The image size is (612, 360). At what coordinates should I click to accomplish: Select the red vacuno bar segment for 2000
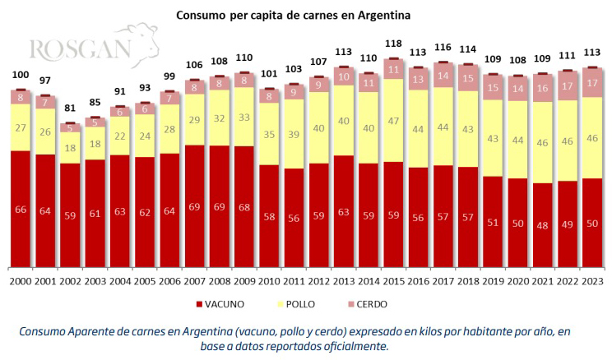pos(21,209)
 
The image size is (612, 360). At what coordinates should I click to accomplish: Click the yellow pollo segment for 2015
pos(393,120)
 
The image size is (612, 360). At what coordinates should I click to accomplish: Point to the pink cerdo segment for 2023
pos(591,83)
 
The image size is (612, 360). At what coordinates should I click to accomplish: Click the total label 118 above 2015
pos(393,44)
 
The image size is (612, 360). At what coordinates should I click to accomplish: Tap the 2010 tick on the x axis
pos(269,281)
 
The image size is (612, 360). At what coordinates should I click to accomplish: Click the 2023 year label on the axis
pos(591,281)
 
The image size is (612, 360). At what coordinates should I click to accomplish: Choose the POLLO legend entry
pos(308,304)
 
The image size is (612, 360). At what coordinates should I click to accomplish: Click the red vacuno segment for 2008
pos(220,205)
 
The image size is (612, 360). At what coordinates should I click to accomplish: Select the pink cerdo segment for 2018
pos(467,78)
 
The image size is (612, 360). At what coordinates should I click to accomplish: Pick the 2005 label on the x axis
pos(145,281)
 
